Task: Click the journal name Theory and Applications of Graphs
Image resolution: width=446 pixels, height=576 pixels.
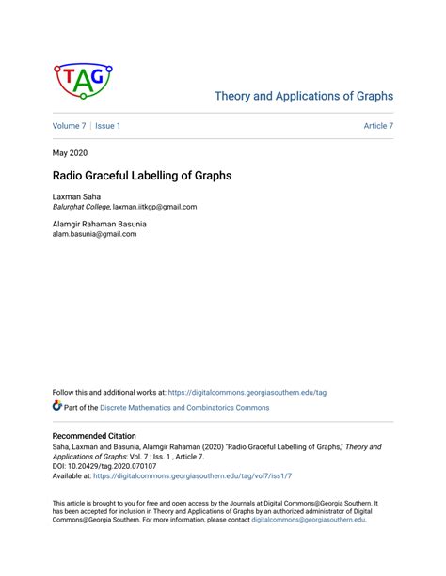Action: pos(303,96)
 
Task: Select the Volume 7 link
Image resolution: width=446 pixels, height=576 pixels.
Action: pos(69,126)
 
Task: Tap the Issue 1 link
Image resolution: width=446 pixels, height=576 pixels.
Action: pos(107,126)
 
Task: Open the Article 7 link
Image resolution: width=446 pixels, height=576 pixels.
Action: pos(378,126)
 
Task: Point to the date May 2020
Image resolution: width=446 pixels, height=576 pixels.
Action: pos(71,151)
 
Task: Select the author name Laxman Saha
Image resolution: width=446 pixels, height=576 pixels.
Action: pos(77,196)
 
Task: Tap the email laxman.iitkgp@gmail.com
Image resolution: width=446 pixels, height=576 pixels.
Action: pos(154,207)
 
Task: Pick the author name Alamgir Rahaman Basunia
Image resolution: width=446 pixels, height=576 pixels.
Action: pos(99,224)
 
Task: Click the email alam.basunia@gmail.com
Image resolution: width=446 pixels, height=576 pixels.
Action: pos(94,234)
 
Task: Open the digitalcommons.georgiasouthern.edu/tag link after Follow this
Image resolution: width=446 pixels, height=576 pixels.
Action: pos(247,392)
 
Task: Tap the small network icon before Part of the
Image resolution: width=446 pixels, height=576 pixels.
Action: pos(57,407)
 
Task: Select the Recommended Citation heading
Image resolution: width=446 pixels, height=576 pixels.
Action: pos(94,436)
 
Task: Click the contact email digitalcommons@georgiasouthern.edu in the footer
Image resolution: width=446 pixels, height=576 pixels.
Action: pos(307,520)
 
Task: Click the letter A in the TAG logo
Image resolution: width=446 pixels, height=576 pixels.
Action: pos(84,83)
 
